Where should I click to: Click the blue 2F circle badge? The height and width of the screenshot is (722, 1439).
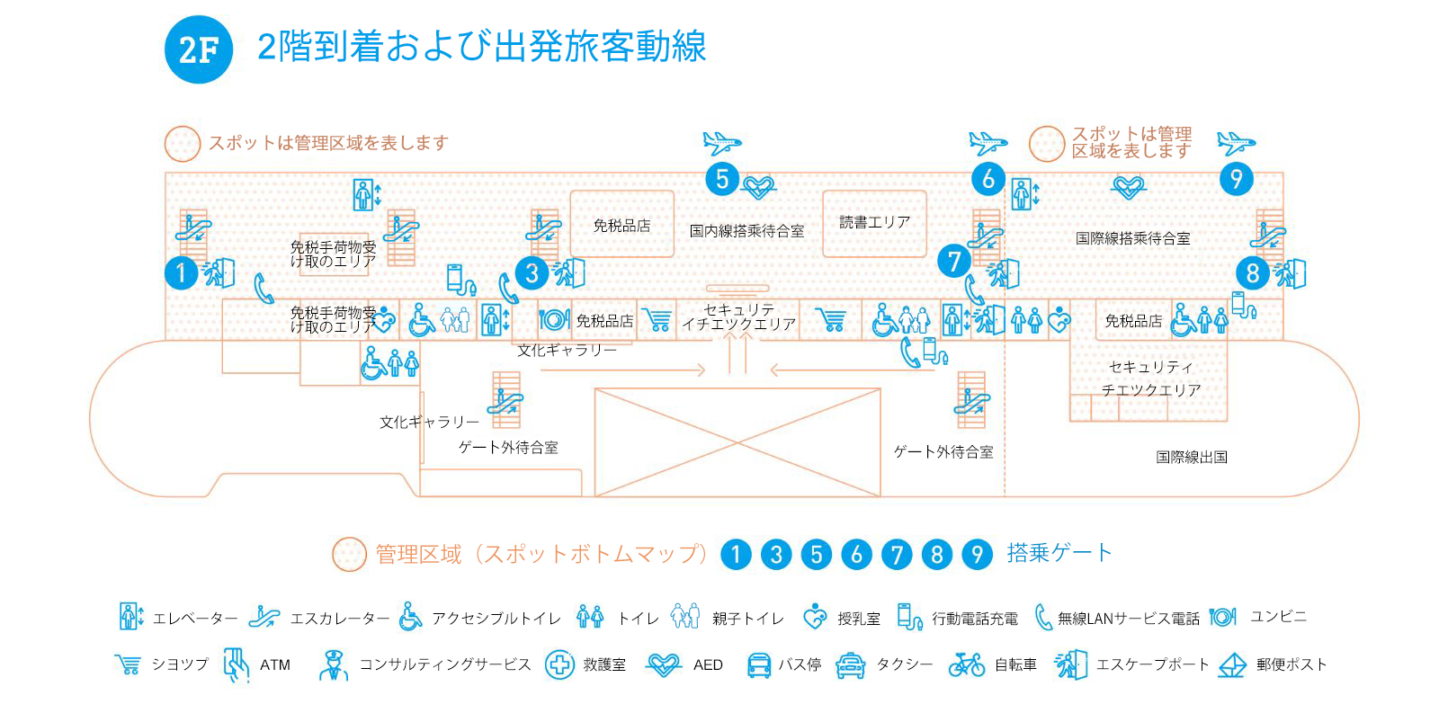199,49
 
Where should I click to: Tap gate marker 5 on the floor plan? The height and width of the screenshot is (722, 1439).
722,179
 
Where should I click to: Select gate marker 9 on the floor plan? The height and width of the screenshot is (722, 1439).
1236,179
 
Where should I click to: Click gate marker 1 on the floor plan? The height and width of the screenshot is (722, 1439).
181,273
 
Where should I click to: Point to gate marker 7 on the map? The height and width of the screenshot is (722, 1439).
954,261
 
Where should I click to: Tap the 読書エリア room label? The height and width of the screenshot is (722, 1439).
874,222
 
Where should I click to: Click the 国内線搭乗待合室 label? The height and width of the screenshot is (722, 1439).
746,231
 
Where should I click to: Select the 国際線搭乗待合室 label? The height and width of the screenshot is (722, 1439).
1132,238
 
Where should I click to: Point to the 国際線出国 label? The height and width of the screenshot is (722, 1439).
1192,457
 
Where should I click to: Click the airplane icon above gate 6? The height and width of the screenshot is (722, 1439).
988,143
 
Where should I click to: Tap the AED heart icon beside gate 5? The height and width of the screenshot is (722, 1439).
759,188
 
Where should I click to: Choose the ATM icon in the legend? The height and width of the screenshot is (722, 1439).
237,664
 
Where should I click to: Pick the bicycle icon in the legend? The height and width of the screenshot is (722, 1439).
966,664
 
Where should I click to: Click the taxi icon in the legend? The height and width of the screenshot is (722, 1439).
851,665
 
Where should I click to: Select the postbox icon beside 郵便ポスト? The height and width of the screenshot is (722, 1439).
1232,664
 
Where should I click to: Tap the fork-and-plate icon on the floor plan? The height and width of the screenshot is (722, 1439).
554,319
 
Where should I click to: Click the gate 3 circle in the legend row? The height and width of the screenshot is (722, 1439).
776,555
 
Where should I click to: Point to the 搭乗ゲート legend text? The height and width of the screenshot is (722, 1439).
1059,552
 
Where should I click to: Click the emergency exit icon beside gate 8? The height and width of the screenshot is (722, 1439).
1290,273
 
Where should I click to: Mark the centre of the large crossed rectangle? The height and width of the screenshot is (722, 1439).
737,442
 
